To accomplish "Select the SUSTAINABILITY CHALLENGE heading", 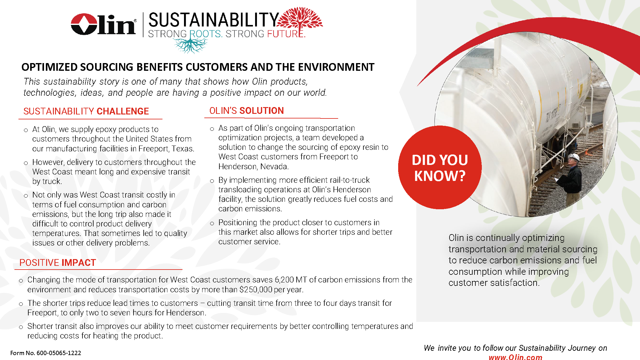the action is (x=86, y=111).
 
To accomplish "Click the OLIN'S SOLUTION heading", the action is (x=246, y=110).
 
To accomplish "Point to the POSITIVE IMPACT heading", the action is (x=58, y=262).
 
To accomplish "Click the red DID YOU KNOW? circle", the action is (x=440, y=167).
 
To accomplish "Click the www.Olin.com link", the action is (x=515, y=357).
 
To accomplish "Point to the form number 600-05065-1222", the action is (x=59, y=353).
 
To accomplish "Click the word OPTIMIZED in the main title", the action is (x=50, y=67).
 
